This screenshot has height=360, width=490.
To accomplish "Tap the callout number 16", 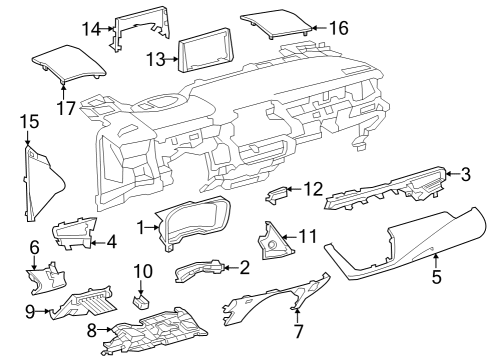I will [339, 27].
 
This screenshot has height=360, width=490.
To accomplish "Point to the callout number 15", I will [29, 122].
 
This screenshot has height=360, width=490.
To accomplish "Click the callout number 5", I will [435, 271].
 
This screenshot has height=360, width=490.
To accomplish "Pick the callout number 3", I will [465, 174].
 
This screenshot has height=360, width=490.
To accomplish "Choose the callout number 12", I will [314, 187].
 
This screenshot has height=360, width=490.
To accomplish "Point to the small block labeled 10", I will [143, 297].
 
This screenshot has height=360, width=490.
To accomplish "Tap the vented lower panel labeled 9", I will [90, 301].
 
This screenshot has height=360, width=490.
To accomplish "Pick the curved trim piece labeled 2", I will [203, 268].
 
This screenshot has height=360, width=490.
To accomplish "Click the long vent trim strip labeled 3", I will [390, 191].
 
